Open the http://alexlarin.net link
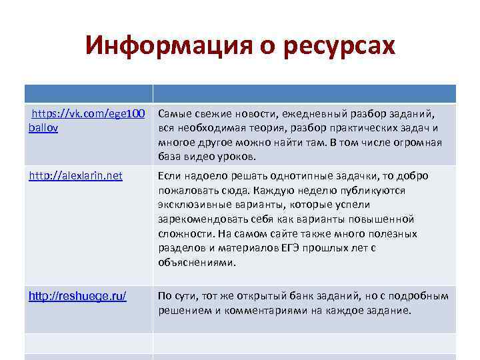pyautogui.click(x=75, y=176)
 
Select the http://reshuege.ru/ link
pyautogui.click(x=77, y=296)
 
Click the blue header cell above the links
pyautogui.click(x=89, y=93)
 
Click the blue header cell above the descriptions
pyautogui.click(x=305, y=93)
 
